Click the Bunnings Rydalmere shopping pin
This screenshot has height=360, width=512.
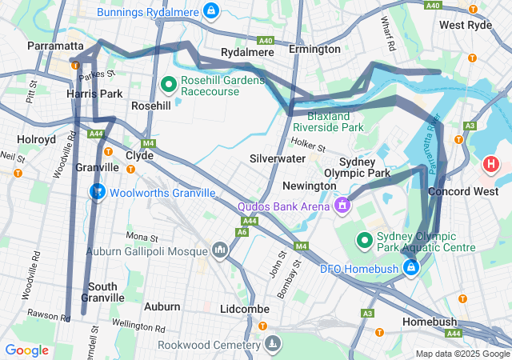pos(210,10)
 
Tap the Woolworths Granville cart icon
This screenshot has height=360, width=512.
pos(97,193)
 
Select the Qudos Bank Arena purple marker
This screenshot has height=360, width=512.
pos(342,206)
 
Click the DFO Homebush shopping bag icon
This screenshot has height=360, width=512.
pos(411,266)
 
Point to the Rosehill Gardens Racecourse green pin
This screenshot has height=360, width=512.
pos(169,83)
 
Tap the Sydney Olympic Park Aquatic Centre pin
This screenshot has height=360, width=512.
pos(365,239)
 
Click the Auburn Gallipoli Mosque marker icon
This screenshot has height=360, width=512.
pos(220,251)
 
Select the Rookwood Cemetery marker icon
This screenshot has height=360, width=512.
pos(274,342)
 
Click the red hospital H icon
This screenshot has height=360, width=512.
pos(491,166)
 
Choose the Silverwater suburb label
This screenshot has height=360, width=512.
pos(277,158)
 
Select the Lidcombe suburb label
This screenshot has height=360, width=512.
pos(244,308)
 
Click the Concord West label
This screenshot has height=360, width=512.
pos(458,192)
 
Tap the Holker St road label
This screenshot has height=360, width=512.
pos(309,146)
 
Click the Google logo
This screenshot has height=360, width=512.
pos(26,350)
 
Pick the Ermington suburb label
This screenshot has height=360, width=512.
pos(314,49)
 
